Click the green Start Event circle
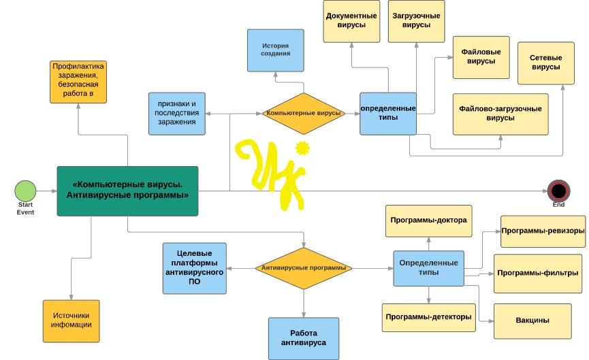(x=26, y=191)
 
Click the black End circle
(x=558, y=191)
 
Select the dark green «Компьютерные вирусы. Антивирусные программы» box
(x=127, y=191)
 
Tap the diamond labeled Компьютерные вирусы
(x=304, y=114)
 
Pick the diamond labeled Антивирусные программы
(x=304, y=268)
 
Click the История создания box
(x=275, y=50)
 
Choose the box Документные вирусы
(x=351, y=21)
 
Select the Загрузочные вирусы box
(x=416, y=21)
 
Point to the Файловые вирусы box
(x=481, y=57)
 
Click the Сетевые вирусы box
(x=546, y=63)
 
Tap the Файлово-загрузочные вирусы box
(x=500, y=114)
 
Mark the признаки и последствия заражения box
(x=177, y=114)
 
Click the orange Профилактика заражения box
(x=78, y=82)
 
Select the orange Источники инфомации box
(x=71, y=321)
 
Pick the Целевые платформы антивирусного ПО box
(x=195, y=268)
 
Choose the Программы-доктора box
(x=428, y=220)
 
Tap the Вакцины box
(x=532, y=321)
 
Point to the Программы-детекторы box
(x=428, y=318)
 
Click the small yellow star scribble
(x=302, y=148)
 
